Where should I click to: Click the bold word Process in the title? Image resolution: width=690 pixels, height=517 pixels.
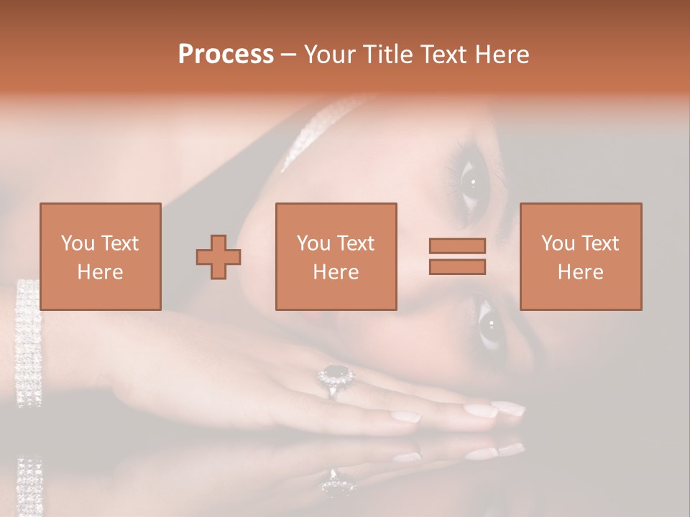(226, 55)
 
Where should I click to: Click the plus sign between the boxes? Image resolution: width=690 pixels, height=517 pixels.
(218, 257)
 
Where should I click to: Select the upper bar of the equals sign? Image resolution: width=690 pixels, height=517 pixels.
(457, 246)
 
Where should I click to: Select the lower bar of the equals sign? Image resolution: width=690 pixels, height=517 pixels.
(457, 266)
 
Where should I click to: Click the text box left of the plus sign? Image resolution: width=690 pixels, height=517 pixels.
(100, 256)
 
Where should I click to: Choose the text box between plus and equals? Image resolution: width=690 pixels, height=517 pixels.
(336, 256)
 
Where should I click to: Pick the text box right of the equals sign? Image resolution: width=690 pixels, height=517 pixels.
(580, 256)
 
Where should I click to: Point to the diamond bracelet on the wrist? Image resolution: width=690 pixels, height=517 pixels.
(29, 341)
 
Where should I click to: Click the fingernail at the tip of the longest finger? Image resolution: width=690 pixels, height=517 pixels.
(508, 407)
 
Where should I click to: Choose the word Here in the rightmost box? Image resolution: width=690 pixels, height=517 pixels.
(580, 272)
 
